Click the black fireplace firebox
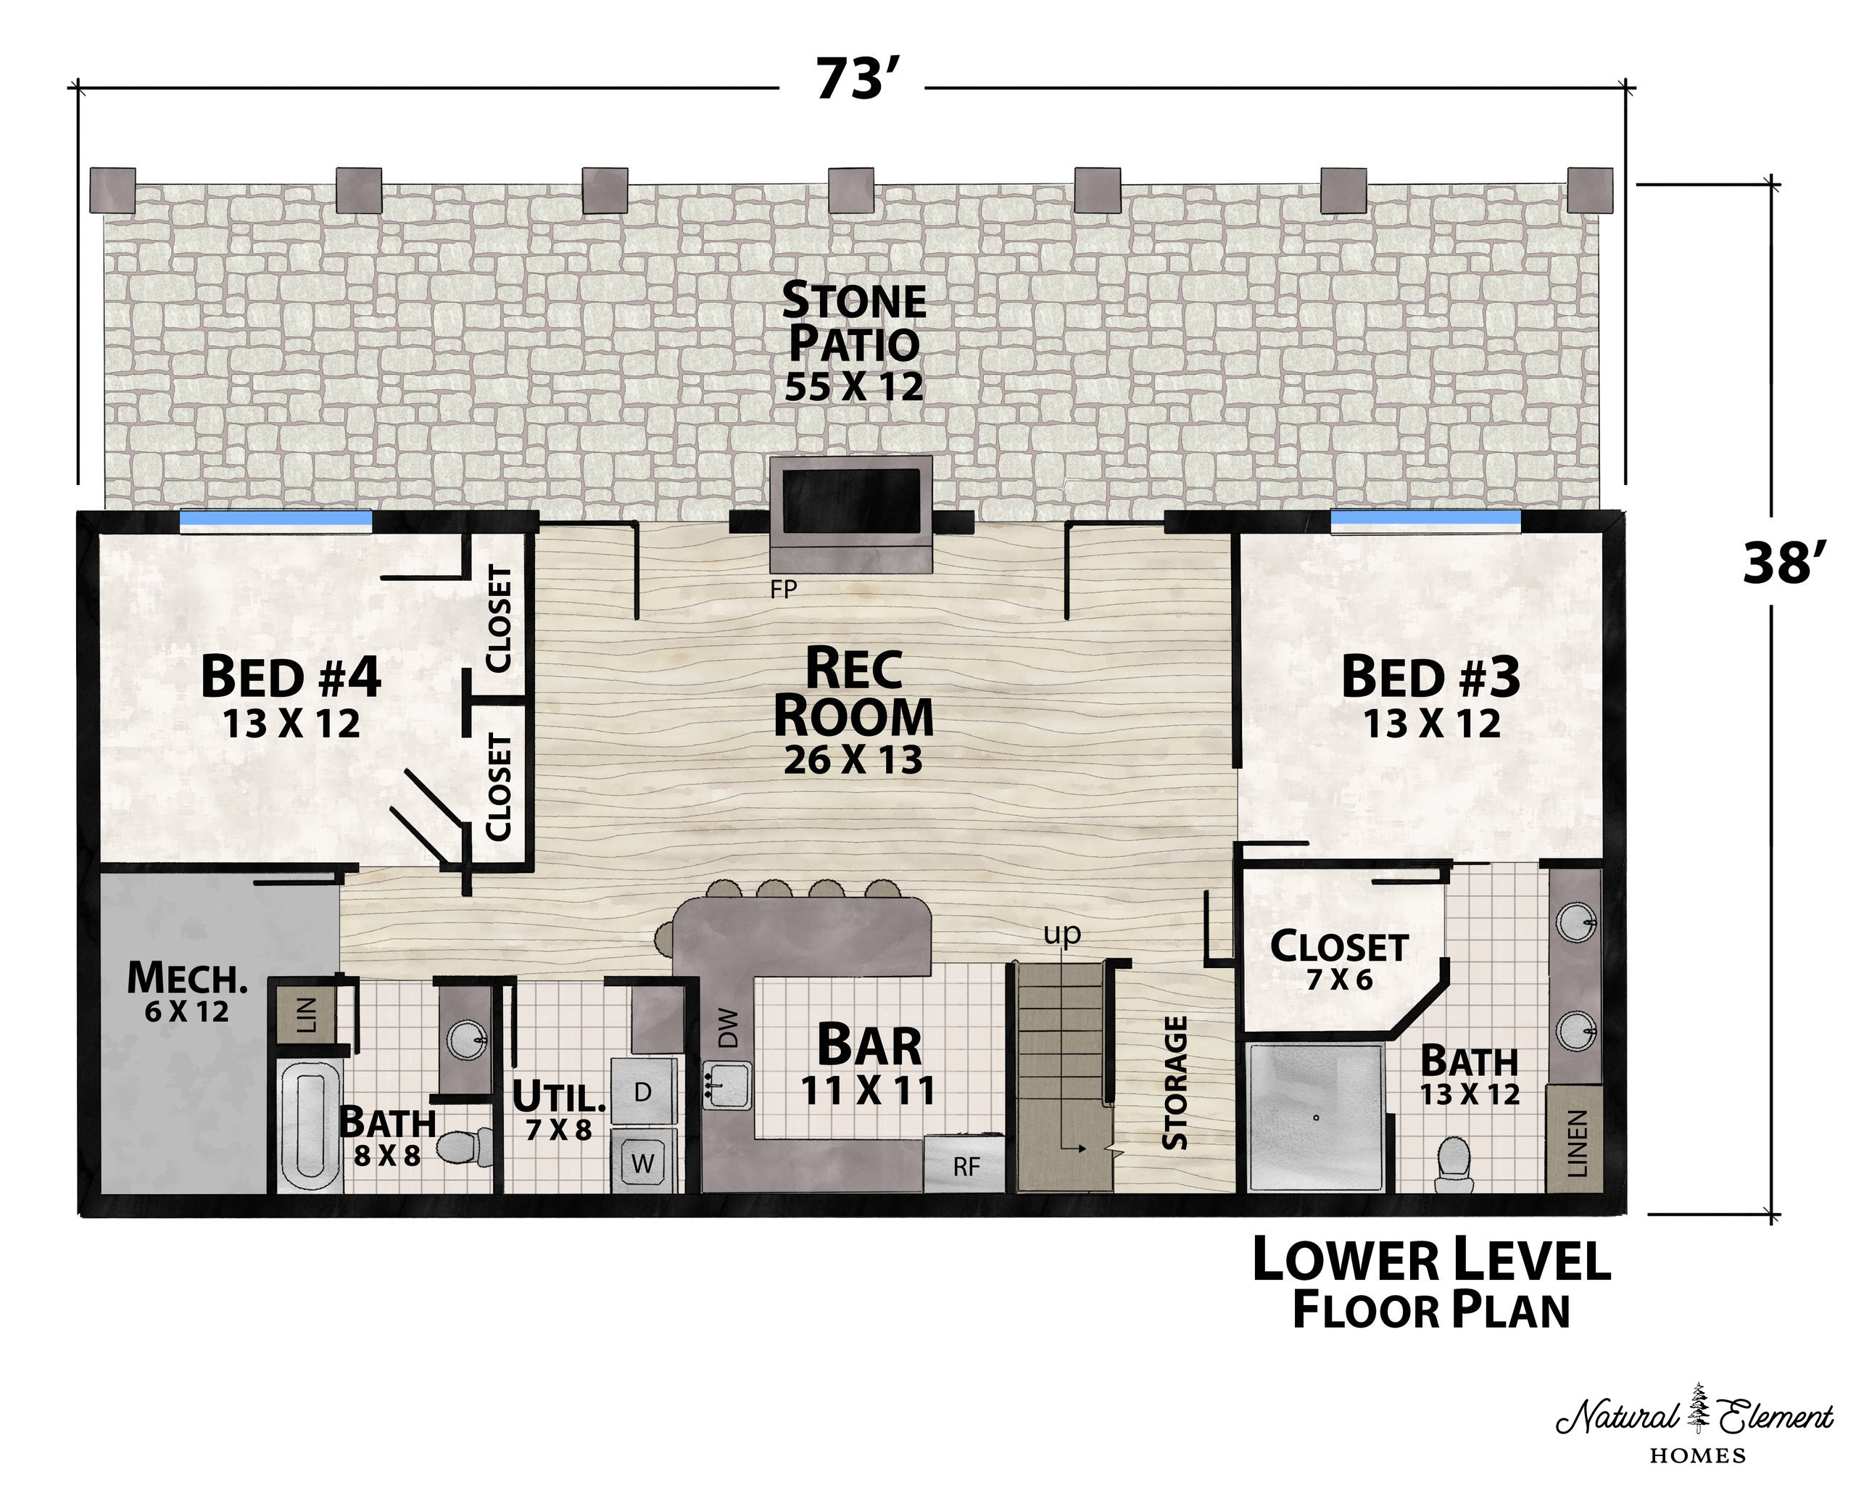click(850, 502)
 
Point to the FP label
click(784, 589)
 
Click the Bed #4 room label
click(291, 698)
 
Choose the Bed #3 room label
click(1430, 698)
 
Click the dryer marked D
click(643, 1091)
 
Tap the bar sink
click(727, 1085)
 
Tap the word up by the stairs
click(1061, 935)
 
